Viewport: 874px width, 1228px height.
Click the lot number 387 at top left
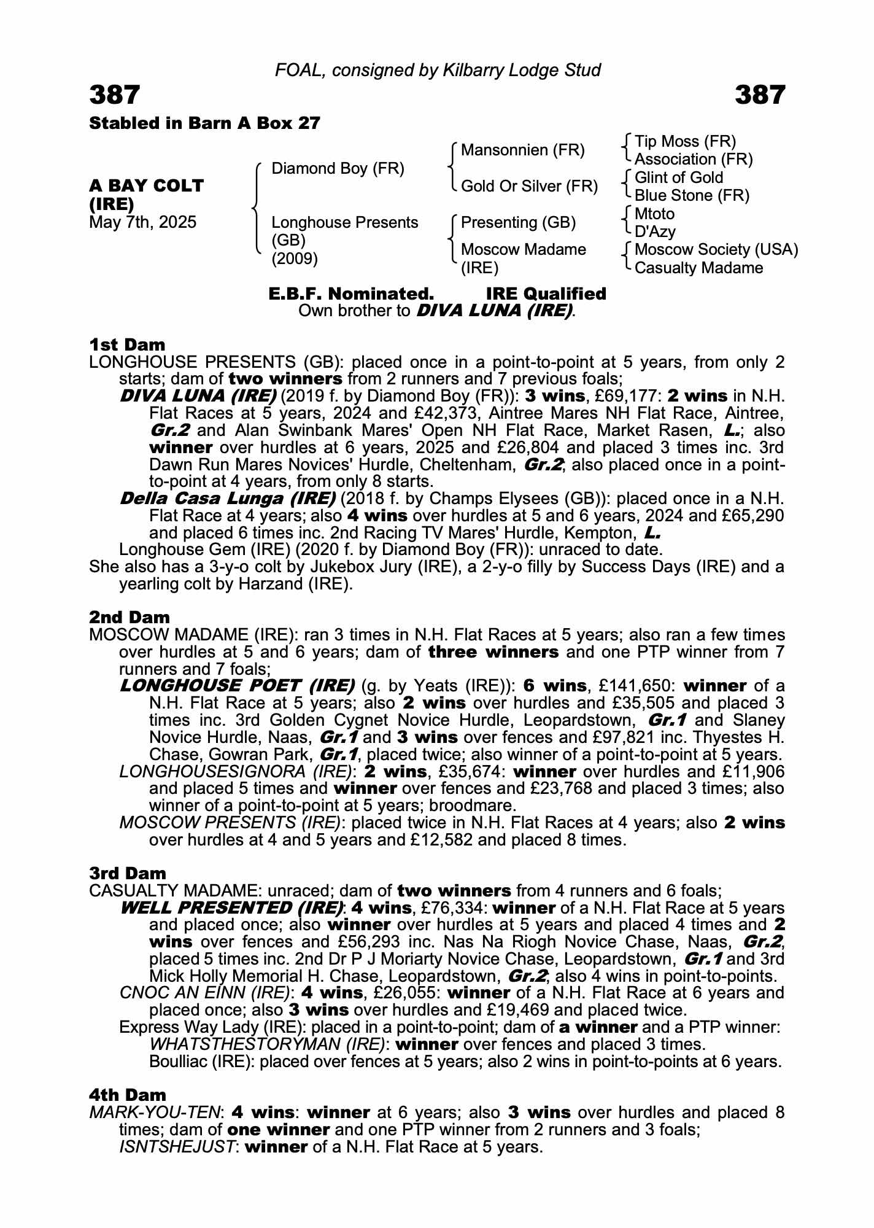(115, 95)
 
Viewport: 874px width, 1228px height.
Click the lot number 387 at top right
(759, 95)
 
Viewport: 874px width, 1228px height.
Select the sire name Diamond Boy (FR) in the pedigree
(338, 168)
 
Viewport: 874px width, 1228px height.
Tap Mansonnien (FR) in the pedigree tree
(522, 150)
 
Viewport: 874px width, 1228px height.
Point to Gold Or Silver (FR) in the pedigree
(529, 186)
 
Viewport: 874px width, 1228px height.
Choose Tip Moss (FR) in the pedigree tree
(685, 141)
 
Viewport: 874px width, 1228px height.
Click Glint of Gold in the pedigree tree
(679, 177)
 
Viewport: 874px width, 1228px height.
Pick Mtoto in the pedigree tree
(654, 214)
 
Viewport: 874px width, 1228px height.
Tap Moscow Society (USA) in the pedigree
(716, 249)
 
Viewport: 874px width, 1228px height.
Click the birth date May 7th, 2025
(143, 222)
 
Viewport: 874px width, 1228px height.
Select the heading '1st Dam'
(127, 344)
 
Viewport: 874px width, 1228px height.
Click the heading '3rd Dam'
(128, 872)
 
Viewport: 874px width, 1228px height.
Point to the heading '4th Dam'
(128, 1094)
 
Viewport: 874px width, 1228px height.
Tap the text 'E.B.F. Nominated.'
(351, 293)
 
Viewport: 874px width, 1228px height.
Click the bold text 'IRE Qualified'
(546, 293)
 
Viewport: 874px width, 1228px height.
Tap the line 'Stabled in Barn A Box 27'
(205, 123)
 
